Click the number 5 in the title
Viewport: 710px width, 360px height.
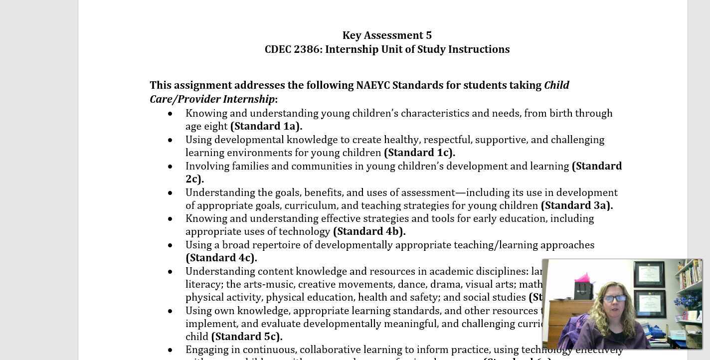[428, 35]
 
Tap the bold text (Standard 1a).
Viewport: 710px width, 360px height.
[266, 126]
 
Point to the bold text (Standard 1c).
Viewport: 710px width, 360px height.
[419, 153]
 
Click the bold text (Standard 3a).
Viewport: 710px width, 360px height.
[576, 205]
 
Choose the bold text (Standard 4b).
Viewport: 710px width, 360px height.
[369, 231]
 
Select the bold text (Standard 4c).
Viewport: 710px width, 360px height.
[221, 258]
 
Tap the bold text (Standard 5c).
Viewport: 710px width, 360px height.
[247, 337]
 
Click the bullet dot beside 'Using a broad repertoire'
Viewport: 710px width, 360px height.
[171, 245]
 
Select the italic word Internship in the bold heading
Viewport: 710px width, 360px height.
[248, 99]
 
